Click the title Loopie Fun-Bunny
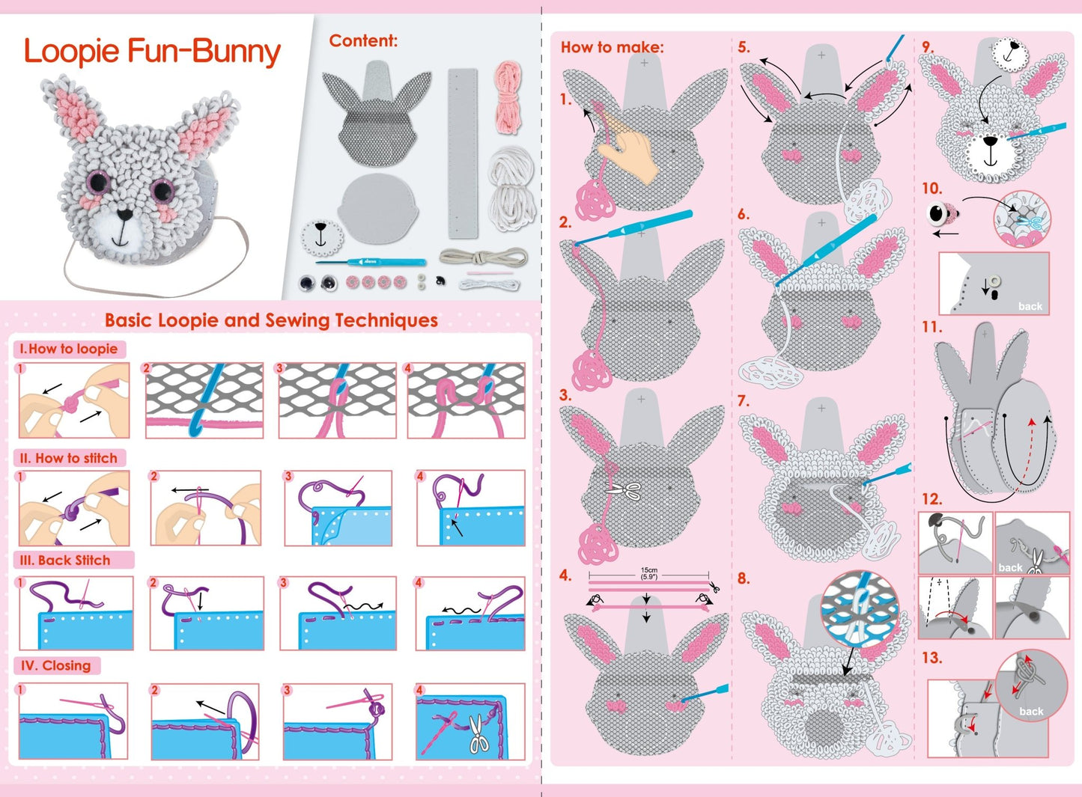pyautogui.click(x=152, y=52)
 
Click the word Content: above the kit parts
pyautogui.click(x=363, y=40)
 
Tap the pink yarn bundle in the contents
pyautogui.click(x=508, y=97)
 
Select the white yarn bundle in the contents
pyautogui.click(x=512, y=191)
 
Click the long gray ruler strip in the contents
pyautogui.click(x=463, y=153)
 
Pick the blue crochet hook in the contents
pyautogui.click(x=371, y=262)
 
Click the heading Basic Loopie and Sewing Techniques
pyautogui.click(x=272, y=320)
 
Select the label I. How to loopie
pyautogui.click(x=69, y=349)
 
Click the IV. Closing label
pyautogui.click(x=55, y=665)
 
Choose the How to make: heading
pyautogui.click(x=612, y=47)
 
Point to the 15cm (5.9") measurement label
pyautogui.click(x=648, y=573)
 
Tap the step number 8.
pyautogui.click(x=744, y=578)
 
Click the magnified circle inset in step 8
pyautogui.click(x=860, y=609)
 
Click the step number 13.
pyautogui.click(x=931, y=658)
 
